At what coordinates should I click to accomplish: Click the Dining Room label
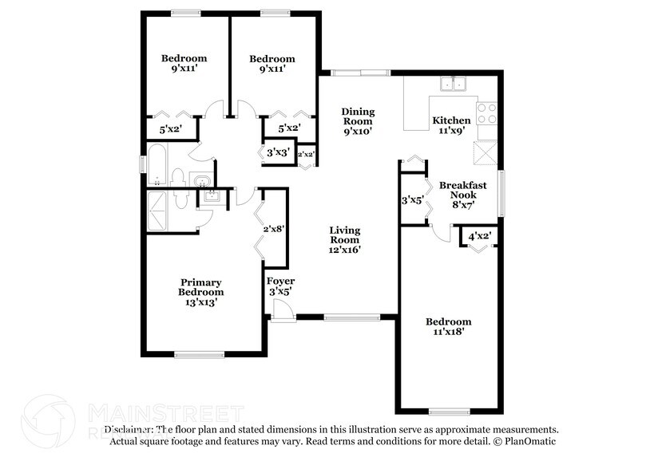point(358,120)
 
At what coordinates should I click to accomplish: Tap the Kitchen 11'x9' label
point(451,126)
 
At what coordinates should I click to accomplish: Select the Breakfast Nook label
point(458,195)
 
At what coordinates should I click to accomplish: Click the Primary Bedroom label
point(200,291)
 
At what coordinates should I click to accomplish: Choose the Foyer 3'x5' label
point(280,287)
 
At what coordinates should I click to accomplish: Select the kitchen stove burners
point(487,113)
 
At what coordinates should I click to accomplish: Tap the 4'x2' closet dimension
point(479,236)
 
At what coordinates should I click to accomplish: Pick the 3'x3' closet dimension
point(278,152)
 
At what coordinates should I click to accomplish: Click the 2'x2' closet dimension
point(306,154)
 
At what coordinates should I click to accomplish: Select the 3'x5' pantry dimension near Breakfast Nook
point(412,200)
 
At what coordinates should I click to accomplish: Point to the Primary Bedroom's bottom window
point(199,355)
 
